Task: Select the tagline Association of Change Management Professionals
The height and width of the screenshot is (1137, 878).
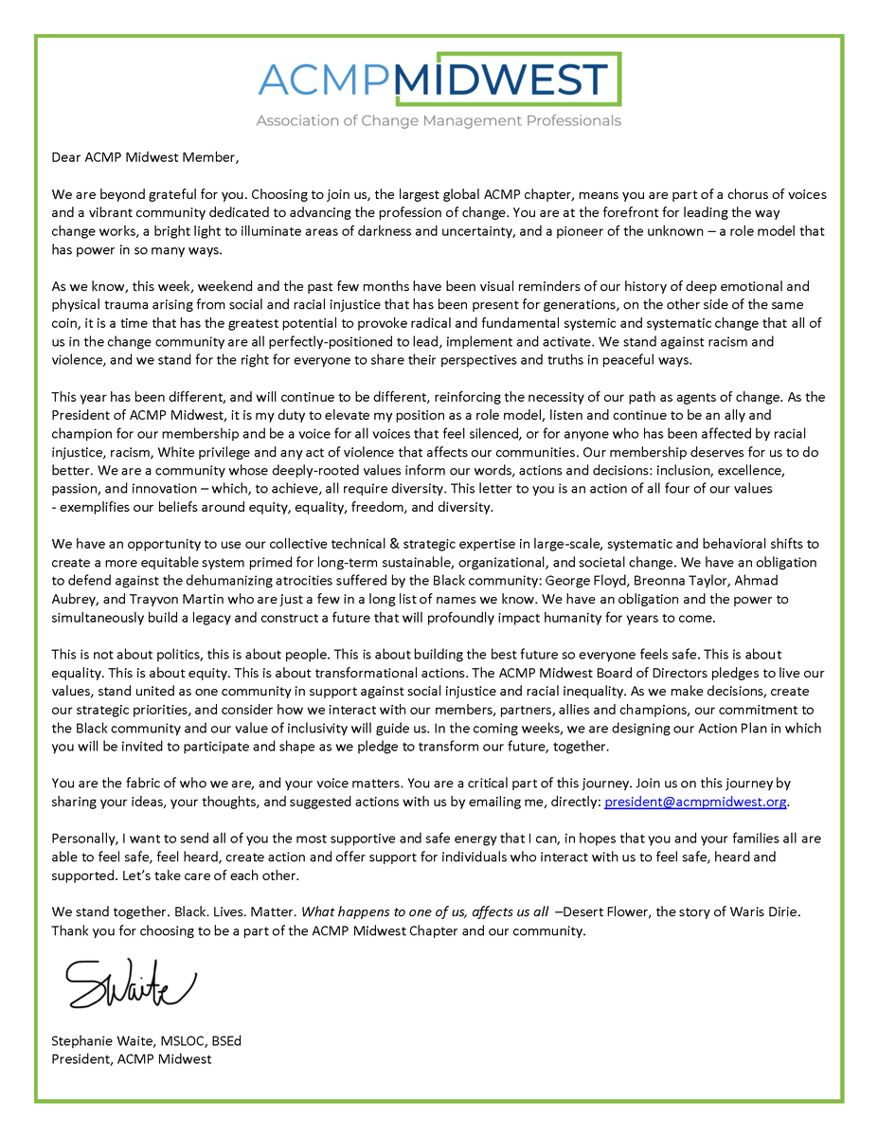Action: coord(439,121)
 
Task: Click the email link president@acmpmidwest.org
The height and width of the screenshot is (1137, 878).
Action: coord(695,802)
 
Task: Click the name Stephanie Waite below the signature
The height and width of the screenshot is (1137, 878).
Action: coord(97,1041)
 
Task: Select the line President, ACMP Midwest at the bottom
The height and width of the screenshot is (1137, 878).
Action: coord(132,1058)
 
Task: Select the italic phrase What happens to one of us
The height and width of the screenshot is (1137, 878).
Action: coord(391,911)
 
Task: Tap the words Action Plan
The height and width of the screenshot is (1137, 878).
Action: coord(712,728)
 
